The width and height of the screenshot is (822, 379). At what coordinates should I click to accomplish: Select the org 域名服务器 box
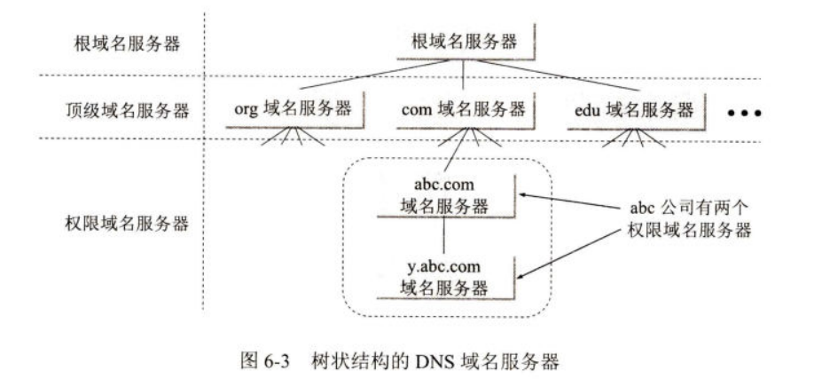click(x=293, y=110)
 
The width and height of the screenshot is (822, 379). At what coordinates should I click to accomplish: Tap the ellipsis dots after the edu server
click(x=745, y=114)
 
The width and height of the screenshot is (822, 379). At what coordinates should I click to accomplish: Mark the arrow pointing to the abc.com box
click(x=568, y=201)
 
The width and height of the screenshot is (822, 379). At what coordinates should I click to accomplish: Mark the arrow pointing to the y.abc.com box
click(x=568, y=253)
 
